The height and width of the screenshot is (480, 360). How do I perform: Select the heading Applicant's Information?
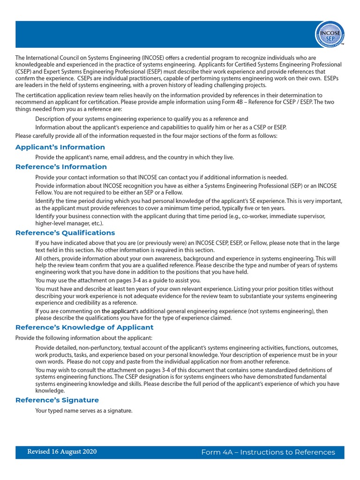point(60,147)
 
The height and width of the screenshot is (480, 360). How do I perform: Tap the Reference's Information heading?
point(61,167)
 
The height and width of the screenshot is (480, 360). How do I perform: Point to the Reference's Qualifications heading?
point(65,233)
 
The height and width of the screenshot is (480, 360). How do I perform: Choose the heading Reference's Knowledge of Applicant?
point(84,327)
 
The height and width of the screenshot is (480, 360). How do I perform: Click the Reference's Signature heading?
point(57,400)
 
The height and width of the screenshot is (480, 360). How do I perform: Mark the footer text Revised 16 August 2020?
point(62,452)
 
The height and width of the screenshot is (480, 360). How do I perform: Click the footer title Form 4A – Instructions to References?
point(268,452)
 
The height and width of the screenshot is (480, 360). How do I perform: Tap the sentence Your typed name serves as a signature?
point(84,411)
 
